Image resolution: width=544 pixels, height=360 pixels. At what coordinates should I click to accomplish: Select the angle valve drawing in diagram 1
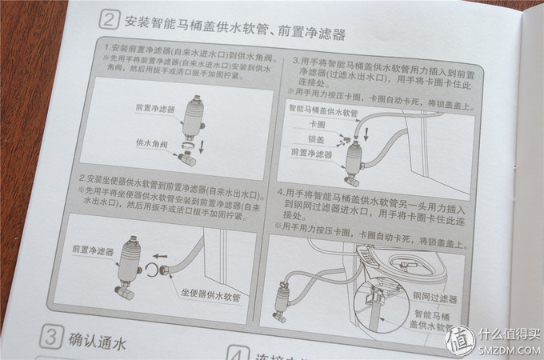click(x=188, y=157)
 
